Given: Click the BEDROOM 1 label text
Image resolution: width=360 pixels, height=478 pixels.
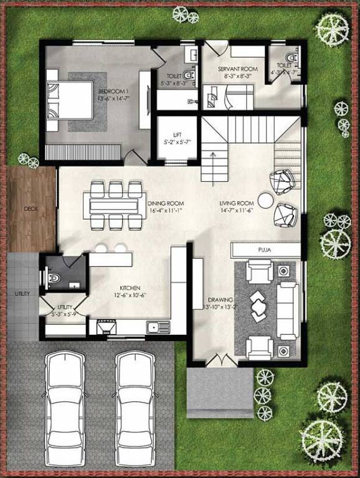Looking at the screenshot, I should (110, 94).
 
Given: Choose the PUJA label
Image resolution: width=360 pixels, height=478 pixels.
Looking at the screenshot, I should (266, 250).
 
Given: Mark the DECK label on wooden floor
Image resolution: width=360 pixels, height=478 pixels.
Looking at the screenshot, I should (31, 209).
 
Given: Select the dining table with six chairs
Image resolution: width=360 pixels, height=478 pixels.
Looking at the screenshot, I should (113, 205).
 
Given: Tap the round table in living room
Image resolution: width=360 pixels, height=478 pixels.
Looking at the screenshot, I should (265, 200).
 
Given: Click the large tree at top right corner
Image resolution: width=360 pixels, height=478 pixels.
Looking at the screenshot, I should (331, 28).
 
